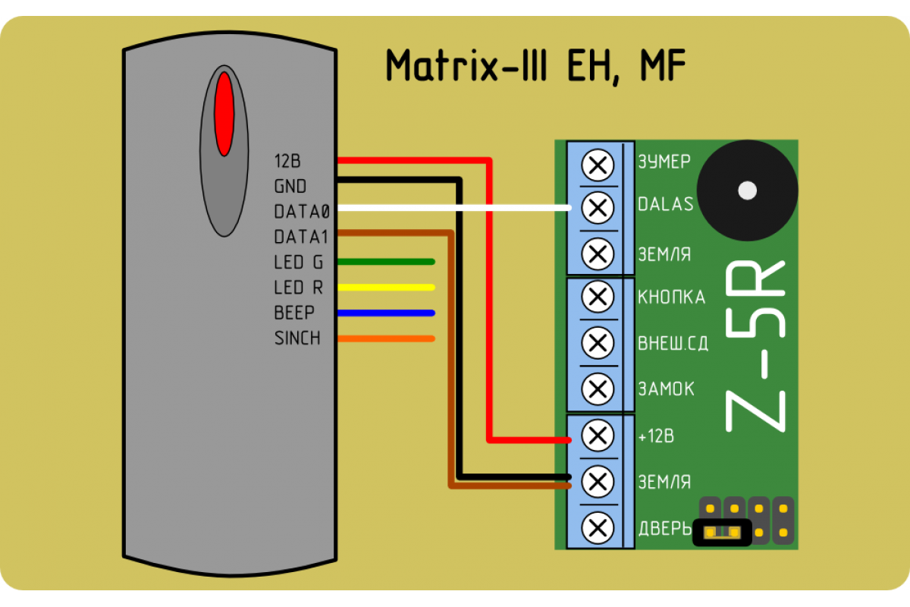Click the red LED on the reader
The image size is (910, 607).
[224, 114]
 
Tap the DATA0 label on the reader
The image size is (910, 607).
[302, 212]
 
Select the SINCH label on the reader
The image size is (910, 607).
[297, 338]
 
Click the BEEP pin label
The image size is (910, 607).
[294, 313]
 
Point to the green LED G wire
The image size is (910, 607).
[386, 262]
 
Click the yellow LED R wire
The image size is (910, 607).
[386, 288]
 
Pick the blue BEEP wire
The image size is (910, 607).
[386, 313]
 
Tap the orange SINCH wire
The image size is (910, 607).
[386, 338]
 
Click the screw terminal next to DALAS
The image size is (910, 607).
[598, 208]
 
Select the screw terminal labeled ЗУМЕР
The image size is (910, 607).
[598, 165]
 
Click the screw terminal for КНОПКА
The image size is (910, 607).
[598, 297]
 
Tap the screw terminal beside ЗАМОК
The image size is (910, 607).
[598, 389]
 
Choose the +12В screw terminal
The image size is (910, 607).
[598, 436]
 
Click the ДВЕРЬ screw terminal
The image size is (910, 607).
[598, 528]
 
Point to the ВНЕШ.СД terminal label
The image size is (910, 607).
[673, 343]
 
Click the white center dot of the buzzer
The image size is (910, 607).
[747, 190]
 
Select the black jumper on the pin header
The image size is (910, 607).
[722, 532]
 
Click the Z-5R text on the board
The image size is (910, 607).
[755, 346]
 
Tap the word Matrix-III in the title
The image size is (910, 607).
[466, 66]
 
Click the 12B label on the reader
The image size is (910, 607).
[287, 161]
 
